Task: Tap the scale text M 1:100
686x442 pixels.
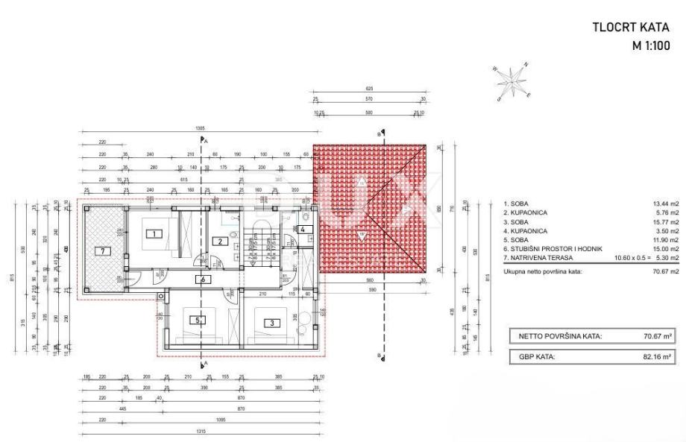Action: pos(651,44)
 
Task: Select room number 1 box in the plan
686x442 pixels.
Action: pos(153,233)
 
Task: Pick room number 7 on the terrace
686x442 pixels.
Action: pos(102,250)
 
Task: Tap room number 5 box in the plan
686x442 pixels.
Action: pos(198,321)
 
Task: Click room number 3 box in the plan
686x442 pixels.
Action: pos(273,323)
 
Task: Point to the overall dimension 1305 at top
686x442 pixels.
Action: pos(201,129)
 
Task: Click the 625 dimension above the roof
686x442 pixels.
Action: pos(370,89)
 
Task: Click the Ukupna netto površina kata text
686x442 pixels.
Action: pos(541,271)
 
